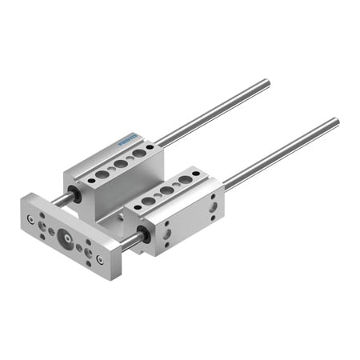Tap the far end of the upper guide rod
pyautogui.click(x=267, y=82)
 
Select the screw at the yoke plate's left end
pyautogui.click(x=30, y=218)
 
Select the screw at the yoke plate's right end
pyautogui.click(x=99, y=259)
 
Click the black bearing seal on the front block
pyautogui.click(x=143, y=234)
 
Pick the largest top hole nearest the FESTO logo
pyautogui.click(x=138, y=152)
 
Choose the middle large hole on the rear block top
pyautogui.click(x=119, y=162)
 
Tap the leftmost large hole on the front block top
pyautogui.click(x=148, y=200)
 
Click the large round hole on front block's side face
pyautogui.click(x=212, y=209)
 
